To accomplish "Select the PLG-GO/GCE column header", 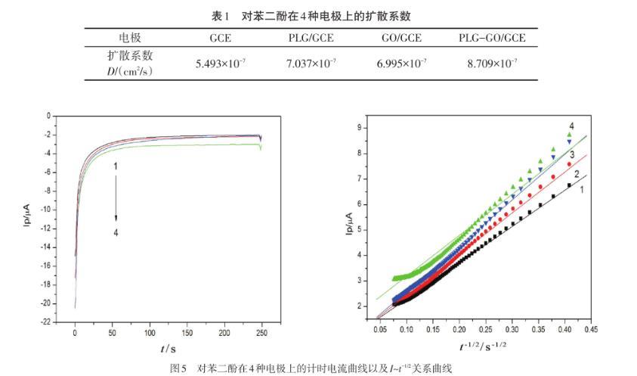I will pos(492,38).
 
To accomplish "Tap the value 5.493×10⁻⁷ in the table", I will pos(220,63).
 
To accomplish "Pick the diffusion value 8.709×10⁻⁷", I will pos(492,63).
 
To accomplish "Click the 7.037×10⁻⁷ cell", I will pos(311,63).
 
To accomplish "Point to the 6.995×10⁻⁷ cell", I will pos(401,63).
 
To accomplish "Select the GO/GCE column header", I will pos(401,38).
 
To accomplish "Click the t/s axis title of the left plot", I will pos(168,348).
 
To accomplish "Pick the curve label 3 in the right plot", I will pos(572,155).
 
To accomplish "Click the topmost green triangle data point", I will pos(569,135).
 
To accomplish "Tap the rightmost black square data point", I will pos(569,184).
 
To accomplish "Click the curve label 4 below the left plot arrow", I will pos(116,233).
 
